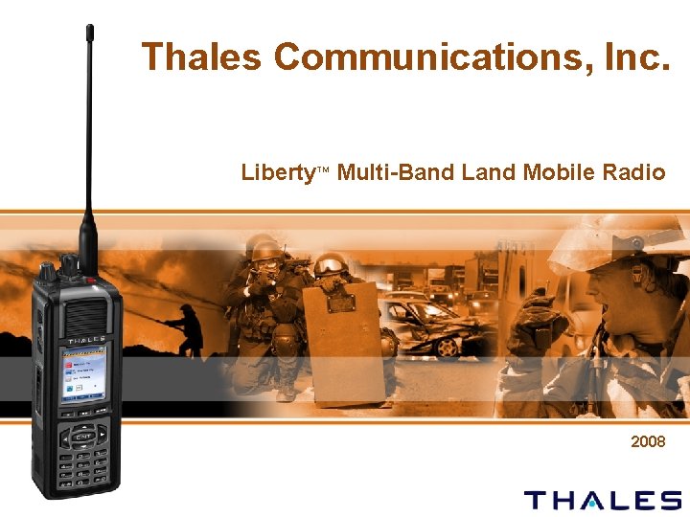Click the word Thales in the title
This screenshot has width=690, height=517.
pos(200,57)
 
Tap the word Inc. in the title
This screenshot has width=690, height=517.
pos(631,57)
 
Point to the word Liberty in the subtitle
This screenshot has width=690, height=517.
pos(278,173)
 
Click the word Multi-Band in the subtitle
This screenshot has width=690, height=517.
pos(397,173)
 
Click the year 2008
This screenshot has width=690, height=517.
pos(648,442)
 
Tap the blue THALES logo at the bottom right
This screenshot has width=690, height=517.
pos(603,500)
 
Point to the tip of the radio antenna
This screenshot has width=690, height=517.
pos(89,29)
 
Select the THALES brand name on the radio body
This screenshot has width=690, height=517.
pos(86,340)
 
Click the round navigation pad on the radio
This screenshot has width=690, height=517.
pos(84,438)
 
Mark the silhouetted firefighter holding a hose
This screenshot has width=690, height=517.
pos(187,330)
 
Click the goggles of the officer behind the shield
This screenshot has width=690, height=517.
pos(330,264)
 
